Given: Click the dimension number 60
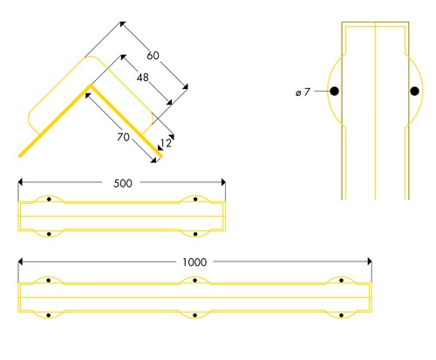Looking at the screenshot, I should [x=153, y=56].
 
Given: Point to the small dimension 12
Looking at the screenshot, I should [x=165, y=143].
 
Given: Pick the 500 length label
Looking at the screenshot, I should [x=123, y=183].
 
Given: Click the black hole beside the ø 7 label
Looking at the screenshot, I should [x=334, y=91].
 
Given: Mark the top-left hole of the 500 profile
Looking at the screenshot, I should [x=50, y=200].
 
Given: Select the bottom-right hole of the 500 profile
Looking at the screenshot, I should [x=194, y=233].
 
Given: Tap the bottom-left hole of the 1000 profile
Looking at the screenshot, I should [x=50, y=314].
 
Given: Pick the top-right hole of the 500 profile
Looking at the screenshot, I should [x=194, y=200].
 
